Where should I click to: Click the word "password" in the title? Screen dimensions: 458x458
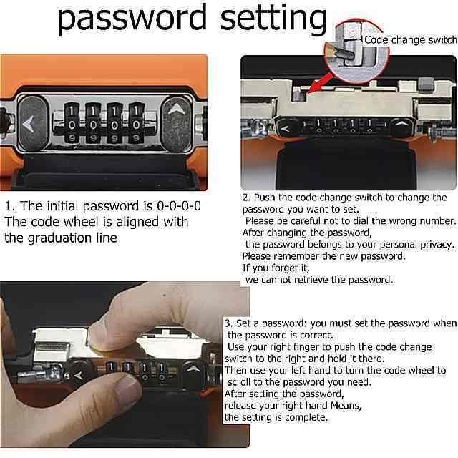132,19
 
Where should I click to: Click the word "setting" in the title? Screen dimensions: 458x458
273,19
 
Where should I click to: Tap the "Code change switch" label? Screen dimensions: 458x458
411,40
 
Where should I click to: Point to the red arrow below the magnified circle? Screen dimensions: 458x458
320,84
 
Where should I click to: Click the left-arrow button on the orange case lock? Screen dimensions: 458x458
33,123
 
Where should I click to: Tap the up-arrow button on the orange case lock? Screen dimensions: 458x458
176,123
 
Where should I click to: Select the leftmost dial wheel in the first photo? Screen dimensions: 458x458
72,122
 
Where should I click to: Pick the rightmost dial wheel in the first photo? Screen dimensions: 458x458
136,122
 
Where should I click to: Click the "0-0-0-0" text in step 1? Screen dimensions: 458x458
179,206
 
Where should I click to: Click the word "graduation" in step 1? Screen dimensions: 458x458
59,238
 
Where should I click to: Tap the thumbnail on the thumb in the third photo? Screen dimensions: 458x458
128,389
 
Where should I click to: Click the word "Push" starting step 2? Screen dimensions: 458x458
265,198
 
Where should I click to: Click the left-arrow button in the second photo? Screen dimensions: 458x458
285,128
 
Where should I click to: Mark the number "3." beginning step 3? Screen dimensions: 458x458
229,323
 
